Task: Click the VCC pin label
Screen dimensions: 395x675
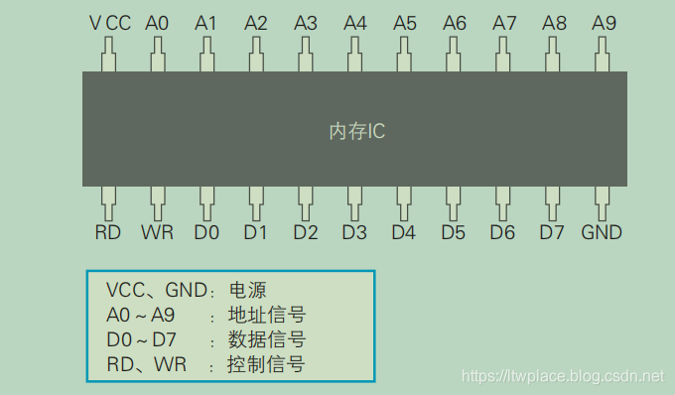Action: click(x=109, y=22)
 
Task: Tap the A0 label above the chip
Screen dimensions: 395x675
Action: click(x=157, y=22)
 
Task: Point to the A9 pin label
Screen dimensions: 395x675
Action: click(x=604, y=22)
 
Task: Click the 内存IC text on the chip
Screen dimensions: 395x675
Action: click(x=356, y=131)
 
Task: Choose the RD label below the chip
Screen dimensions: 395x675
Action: click(x=108, y=233)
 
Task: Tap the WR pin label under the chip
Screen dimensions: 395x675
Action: click(x=157, y=233)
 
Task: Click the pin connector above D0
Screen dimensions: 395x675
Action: click(x=206, y=202)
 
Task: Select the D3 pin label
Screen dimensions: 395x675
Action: click(x=354, y=233)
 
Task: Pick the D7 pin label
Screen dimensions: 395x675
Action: click(x=552, y=233)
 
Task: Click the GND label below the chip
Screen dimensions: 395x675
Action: click(x=602, y=233)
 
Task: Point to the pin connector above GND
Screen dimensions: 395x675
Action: click(x=603, y=202)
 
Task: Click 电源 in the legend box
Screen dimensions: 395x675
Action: click(x=248, y=291)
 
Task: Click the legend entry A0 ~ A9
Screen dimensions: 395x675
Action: click(x=143, y=316)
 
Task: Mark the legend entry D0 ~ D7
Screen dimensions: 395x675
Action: click(x=143, y=340)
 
